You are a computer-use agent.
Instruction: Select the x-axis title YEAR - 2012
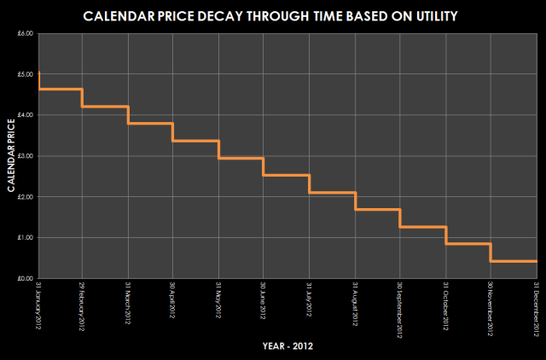click(x=286, y=346)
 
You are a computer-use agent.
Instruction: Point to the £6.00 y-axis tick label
click(x=25, y=33)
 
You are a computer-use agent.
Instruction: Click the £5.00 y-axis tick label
click(x=25, y=74)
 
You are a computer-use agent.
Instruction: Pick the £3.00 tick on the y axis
click(x=25, y=156)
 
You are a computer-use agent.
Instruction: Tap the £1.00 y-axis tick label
click(x=25, y=238)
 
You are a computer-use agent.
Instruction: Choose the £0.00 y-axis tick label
click(x=25, y=279)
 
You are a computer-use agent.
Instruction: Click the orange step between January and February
click(x=61, y=89)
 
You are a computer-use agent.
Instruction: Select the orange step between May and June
click(x=241, y=158)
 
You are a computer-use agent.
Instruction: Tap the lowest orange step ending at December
click(x=514, y=261)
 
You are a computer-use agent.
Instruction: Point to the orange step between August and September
click(x=377, y=209)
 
